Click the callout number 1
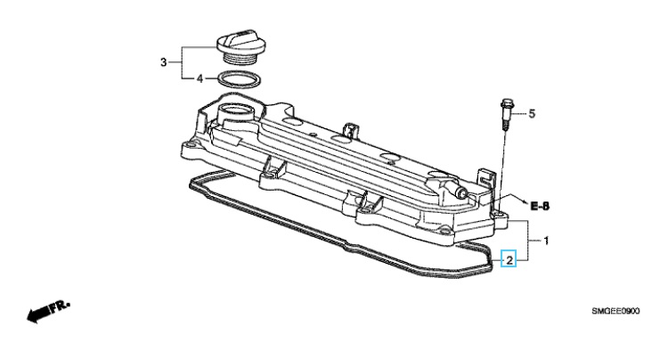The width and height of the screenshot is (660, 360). coord(546,241)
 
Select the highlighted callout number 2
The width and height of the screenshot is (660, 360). coord(509,260)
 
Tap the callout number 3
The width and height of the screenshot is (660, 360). coord(163,62)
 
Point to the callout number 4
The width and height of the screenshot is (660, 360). coord(200,78)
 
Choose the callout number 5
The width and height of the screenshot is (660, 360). coord(532,113)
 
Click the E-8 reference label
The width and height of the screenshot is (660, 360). coord(540,206)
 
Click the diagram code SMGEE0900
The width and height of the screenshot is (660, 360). coord(615,311)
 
